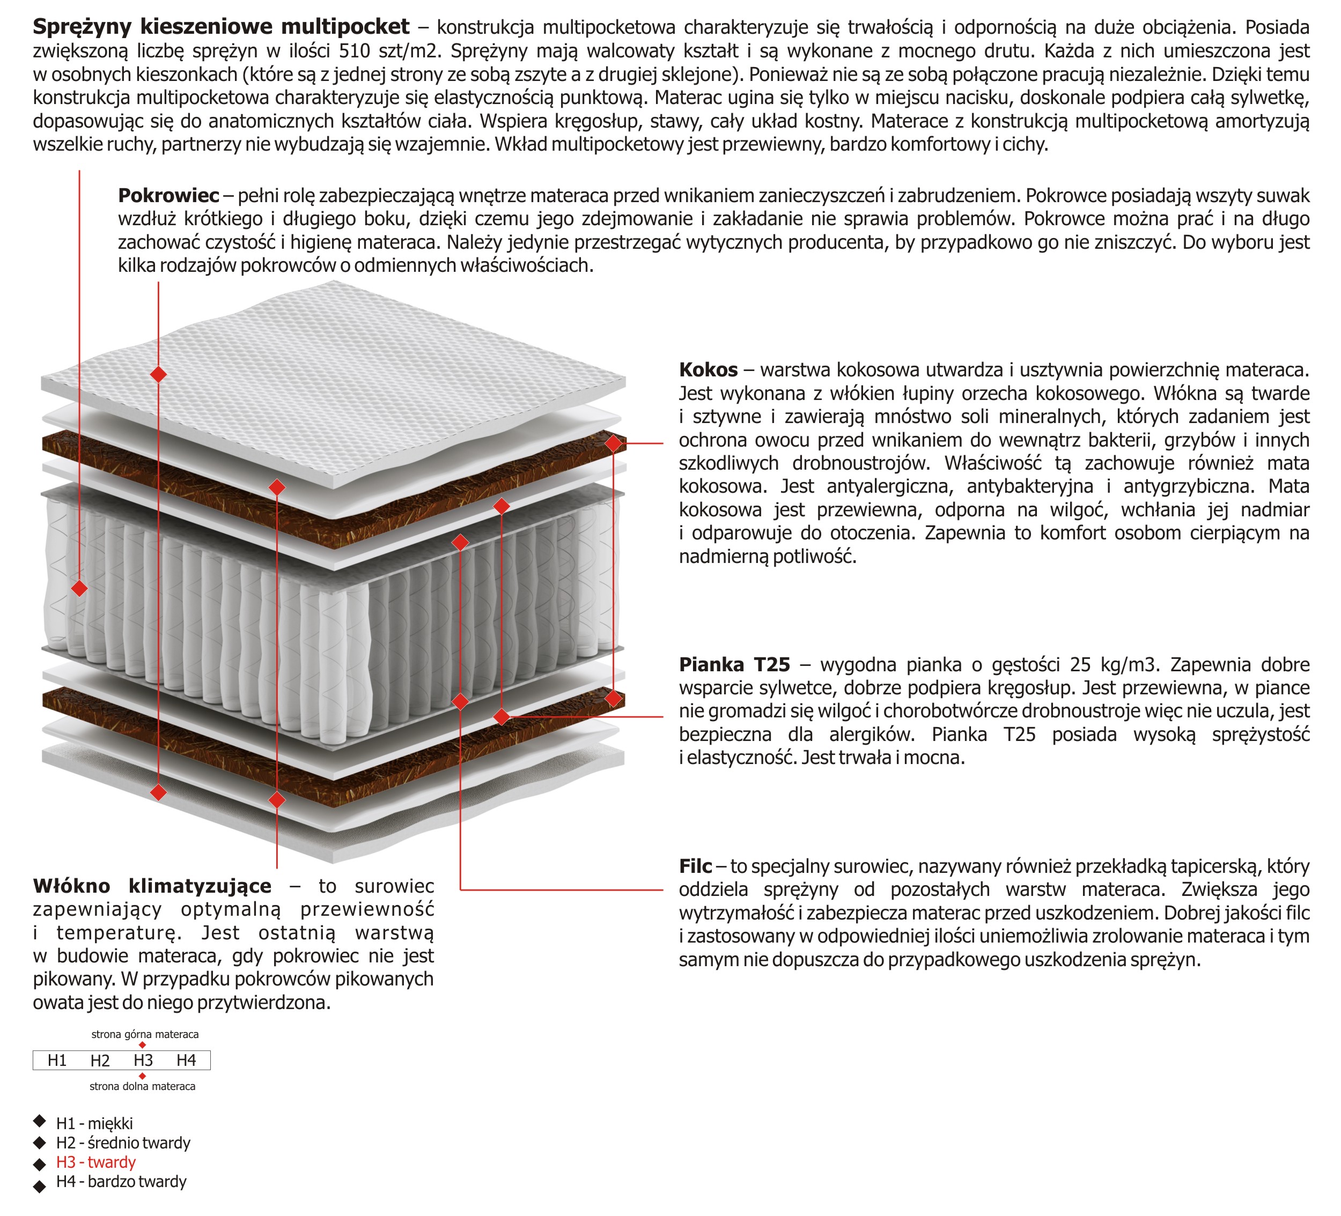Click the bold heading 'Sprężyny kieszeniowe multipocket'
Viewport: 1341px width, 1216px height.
[x=221, y=27]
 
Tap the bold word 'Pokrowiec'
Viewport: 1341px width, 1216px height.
[x=168, y=196]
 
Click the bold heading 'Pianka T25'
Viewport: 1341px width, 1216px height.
[x=734, y=664]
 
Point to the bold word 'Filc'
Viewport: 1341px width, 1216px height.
[x=695, y=866]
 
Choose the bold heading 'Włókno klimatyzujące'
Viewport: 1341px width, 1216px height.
[x=152, y=886]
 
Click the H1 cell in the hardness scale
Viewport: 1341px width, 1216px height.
[x=57, y=1061]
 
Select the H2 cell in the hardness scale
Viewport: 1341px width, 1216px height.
[x=100, y=1061]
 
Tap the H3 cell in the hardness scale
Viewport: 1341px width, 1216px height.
[x=143, y=1061]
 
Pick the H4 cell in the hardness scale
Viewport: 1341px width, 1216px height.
[x=186, y=1061]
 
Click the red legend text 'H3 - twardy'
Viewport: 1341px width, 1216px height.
[x=96, y=1162]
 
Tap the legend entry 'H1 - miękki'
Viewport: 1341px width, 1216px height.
[x=94, y=1124]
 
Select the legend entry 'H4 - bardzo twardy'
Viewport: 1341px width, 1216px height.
[x=121, y=1182]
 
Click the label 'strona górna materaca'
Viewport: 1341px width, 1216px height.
[x=145, y=1034]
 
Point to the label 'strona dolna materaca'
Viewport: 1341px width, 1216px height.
[x=142, y=1086]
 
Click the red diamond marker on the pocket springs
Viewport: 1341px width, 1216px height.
[x=79, y=588]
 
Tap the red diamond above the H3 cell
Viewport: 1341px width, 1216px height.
[x=142, y=1045]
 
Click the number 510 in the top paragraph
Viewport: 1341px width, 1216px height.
[x=354, y=51]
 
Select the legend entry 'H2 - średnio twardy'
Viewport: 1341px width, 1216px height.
[x=123, y=1143]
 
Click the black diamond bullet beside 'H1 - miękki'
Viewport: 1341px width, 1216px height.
[x=40, y=1122]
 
